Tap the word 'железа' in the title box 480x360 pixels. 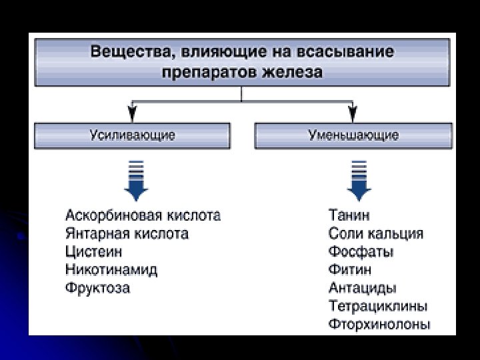click(292, 71)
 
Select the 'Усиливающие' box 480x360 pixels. click(133, 135)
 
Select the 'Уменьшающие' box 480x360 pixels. click(353, 135)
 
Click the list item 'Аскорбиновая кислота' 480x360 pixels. click(143, 216)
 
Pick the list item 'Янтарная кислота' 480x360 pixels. click(127, 234)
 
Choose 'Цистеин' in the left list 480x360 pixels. click(94, 253)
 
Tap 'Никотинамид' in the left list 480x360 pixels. click(111, 271)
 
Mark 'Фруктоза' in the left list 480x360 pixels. click(98, 289)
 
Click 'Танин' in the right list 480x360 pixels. click(349, 216)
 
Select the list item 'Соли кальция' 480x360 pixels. click(375, 234)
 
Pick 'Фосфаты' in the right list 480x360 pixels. click(361, 253)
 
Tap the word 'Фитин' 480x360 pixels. click(350, 271)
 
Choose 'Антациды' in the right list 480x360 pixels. click(362, 289)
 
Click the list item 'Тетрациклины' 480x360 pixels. click(378, 307)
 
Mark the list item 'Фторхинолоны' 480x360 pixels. click(379, 325)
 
